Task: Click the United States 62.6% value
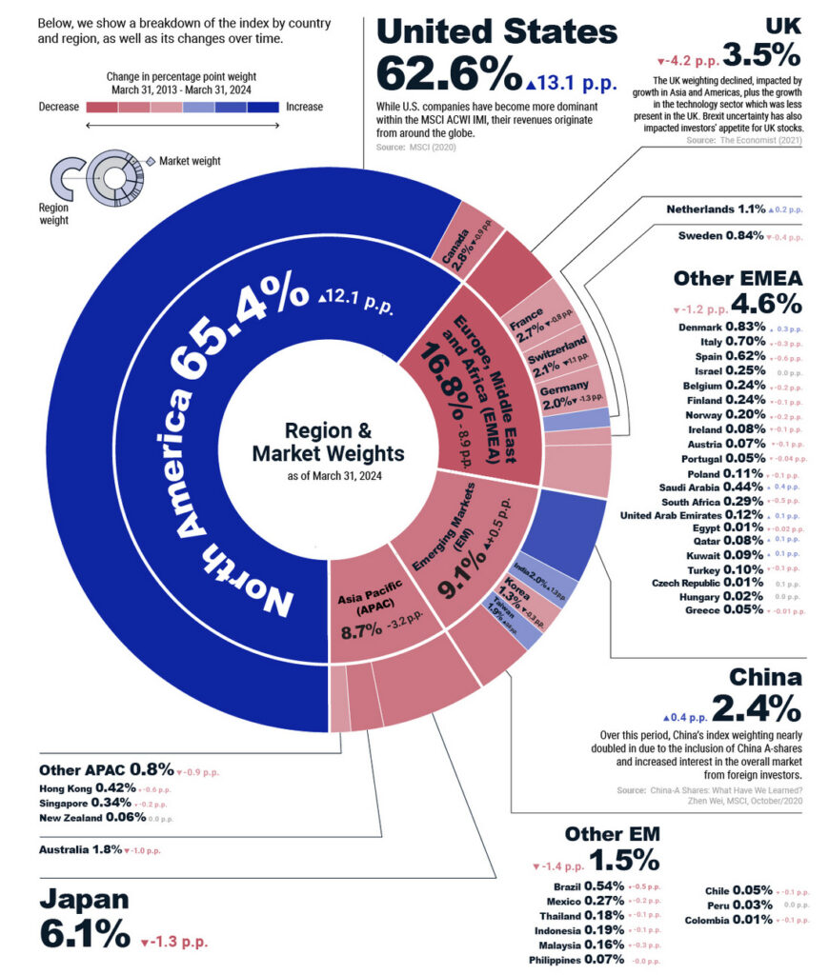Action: [448, 74]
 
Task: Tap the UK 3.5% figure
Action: [761, 52]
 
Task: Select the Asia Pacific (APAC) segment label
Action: [358, 607]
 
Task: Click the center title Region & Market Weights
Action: [328, 442]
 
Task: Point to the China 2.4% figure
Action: [757, 709]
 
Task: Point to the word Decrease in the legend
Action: [59, 107]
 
